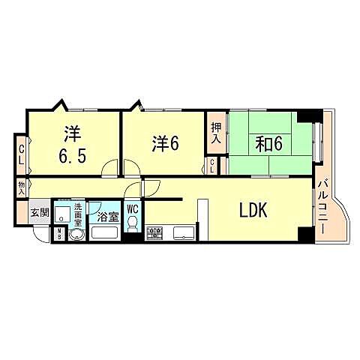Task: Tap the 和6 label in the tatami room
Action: point(267,144)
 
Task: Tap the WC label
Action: point(133,210)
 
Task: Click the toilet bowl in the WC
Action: point(133,224)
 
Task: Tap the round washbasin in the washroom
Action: point(75,234)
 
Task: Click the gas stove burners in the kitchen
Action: point(154,233)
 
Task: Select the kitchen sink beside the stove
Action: point(183,232)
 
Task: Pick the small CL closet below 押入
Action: point(214,166)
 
